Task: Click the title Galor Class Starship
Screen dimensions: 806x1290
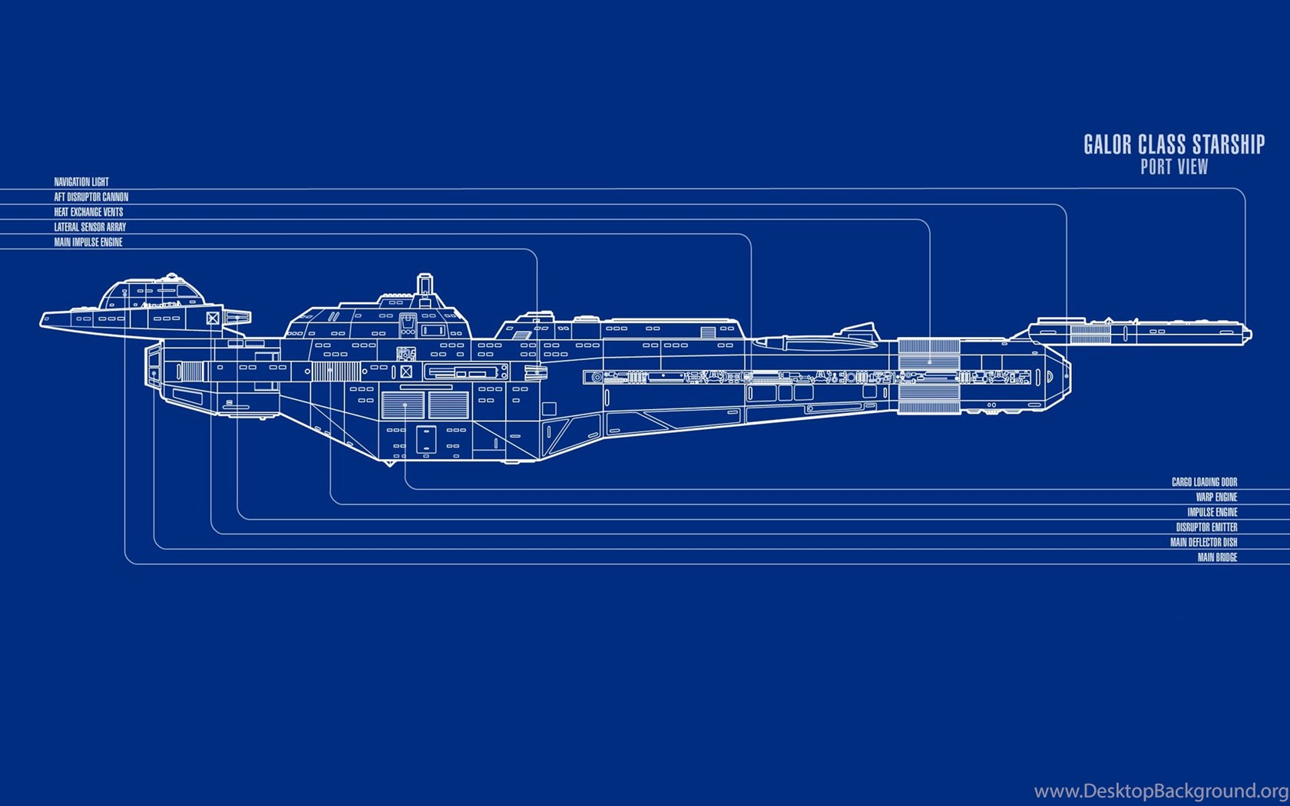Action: point(1173,144)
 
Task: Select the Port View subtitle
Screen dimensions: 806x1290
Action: point(1173,167)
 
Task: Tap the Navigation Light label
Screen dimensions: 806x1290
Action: point(81,182)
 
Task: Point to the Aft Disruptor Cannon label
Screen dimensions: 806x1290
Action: point(91,197)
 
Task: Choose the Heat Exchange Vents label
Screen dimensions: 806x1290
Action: point(88,212)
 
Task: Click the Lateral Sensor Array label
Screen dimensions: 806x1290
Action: point(90,227)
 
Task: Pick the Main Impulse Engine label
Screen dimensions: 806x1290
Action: point(88,242)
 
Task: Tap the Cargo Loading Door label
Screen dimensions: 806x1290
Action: point(1204,482)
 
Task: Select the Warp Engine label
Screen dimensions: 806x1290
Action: point(1216,497)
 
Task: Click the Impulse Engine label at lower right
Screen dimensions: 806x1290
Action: point(1212,512)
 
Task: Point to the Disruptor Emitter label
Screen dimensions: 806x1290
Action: point(1206,527)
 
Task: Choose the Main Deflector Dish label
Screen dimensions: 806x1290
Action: point(1203,542)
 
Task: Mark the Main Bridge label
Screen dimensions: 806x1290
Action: point(1217,557)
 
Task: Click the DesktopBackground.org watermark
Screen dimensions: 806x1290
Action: point(1159,791)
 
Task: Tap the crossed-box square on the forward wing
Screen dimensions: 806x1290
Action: point(213,318)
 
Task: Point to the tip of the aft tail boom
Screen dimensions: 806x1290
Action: point(1249,334)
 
